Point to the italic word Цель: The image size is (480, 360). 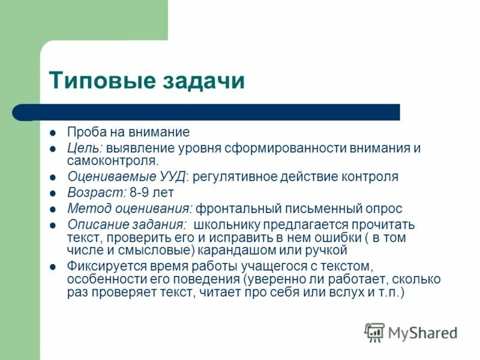click(x=85, y=148)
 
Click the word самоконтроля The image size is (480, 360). click(x=113, y=161)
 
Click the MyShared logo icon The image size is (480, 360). click(x=374, y=332)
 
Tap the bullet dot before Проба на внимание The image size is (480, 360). click(x=54, y=133)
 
